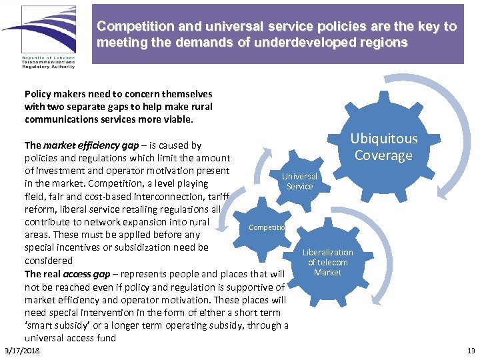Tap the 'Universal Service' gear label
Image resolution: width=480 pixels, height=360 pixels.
pos(299,181)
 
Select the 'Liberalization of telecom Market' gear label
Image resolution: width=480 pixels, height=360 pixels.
pos(327,262)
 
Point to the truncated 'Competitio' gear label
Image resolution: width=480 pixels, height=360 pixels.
pos(267,227)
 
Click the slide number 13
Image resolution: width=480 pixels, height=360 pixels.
pos(471,351)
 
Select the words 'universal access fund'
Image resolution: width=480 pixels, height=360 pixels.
pos(70,338)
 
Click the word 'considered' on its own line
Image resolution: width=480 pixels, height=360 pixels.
pos(48,261)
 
